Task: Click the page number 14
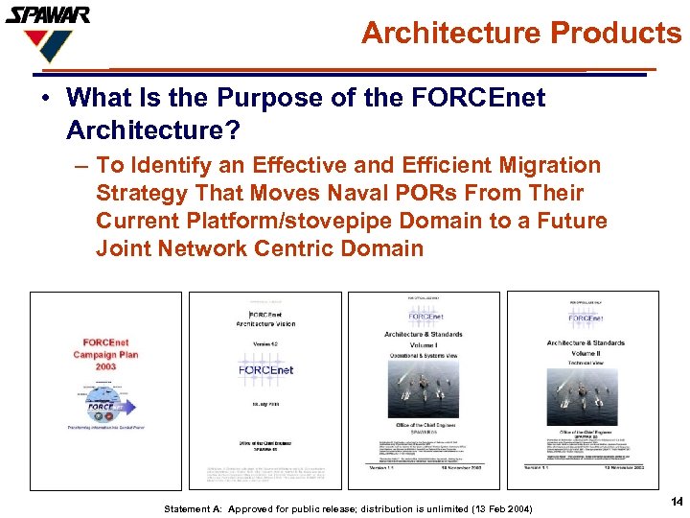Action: pyautogui.click(x=677, y=502)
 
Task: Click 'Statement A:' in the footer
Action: pyautogui.click(x=195, y=508)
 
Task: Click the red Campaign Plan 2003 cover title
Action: pyautogui.click(x=106, y=354)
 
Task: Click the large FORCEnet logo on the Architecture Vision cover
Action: pyautogui.click(x=265, y=369)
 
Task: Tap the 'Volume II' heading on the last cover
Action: pyautogui.click(x=585, y=353)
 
